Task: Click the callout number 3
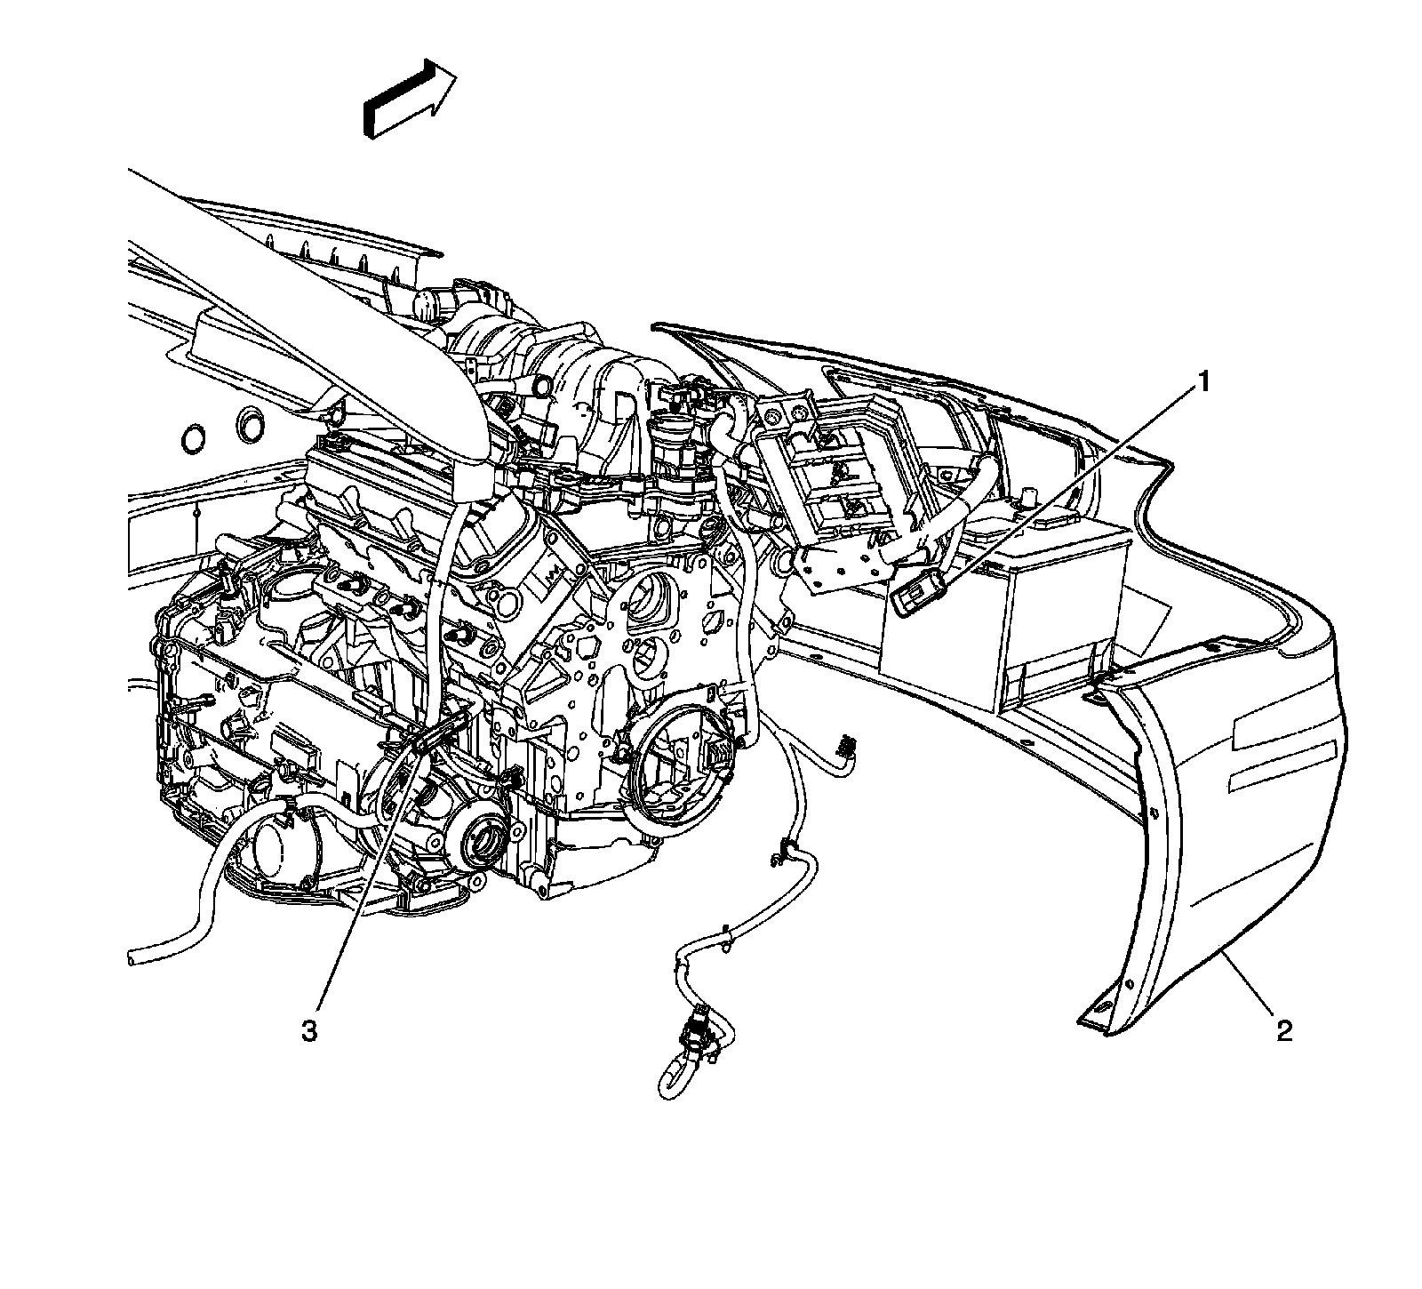308,1031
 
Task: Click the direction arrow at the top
410,98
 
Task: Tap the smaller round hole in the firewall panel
192,438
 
